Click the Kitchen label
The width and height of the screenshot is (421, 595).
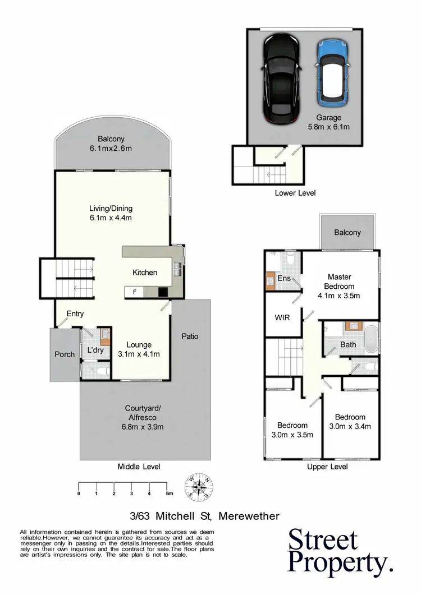point(145,273)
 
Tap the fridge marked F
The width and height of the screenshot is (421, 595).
point(134,292)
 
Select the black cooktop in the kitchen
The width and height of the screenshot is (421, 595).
point(163,292)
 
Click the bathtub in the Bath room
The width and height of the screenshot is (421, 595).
point(371,337)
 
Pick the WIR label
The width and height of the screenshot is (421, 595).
point(282,317)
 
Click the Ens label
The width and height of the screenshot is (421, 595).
point(283,278)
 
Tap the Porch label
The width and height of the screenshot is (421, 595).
point(65,354)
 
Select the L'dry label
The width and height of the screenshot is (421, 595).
point(94,351)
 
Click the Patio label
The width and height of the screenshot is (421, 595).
point(190,336)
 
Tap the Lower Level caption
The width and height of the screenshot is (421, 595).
point(295,193)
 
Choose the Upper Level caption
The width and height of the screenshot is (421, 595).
point(327,467)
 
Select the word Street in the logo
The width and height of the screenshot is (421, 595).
point(323,541)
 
